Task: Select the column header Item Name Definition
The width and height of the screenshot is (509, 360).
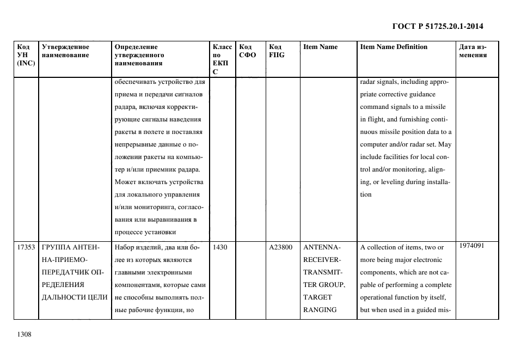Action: [x=394, y=47]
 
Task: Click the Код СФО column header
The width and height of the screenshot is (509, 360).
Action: [x=248, y=51]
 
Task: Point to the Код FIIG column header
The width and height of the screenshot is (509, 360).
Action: [x=277, y=51]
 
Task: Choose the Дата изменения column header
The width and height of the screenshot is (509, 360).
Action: [x=473, y=51]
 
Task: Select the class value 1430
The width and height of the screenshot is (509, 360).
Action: [x=220, y=247]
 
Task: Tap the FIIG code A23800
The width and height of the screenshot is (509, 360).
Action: [x=280, y=247]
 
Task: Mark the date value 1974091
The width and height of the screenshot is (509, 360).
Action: [x=471, y=246]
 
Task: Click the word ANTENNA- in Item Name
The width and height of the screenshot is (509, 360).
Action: [x=321, y=247]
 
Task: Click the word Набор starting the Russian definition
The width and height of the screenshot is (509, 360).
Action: [x=125, y=247]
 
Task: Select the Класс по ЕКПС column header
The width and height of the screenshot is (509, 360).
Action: [x=222, y=59]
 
